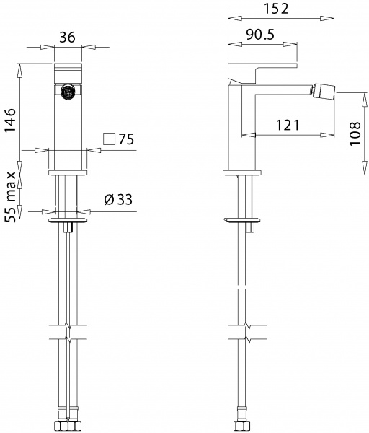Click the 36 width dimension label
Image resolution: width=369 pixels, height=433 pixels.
[x=67, y=37]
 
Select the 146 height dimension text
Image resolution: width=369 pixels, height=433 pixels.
[x=10, y=121]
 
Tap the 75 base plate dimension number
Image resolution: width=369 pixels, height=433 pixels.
[x=126, y=139]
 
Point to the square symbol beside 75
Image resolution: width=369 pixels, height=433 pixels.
[x=109, y=139]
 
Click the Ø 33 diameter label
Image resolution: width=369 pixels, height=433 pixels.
[x=118, y=199]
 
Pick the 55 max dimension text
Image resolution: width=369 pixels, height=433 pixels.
[x=11, y=197]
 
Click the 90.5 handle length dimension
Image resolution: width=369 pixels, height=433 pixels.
[x=260, y=35]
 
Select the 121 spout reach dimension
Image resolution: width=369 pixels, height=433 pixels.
[x=288, y=126]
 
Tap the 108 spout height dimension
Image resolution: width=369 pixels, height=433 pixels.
[x=355, y=134]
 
